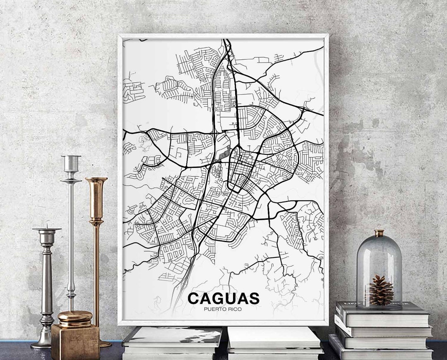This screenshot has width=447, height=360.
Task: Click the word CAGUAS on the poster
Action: point(223,298)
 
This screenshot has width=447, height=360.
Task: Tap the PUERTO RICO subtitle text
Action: point(223,309)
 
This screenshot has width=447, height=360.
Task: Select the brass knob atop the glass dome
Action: point(379,233)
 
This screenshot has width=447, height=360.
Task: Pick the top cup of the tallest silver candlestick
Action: point(71,162)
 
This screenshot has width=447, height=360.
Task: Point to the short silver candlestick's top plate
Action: point(47,229)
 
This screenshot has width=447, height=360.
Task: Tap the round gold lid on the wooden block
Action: point(75,317)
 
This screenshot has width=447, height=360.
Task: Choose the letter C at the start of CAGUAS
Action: point(193,298)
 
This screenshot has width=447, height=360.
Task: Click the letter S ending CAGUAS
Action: point(254,298)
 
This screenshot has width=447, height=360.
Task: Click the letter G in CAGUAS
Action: point(217,298)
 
